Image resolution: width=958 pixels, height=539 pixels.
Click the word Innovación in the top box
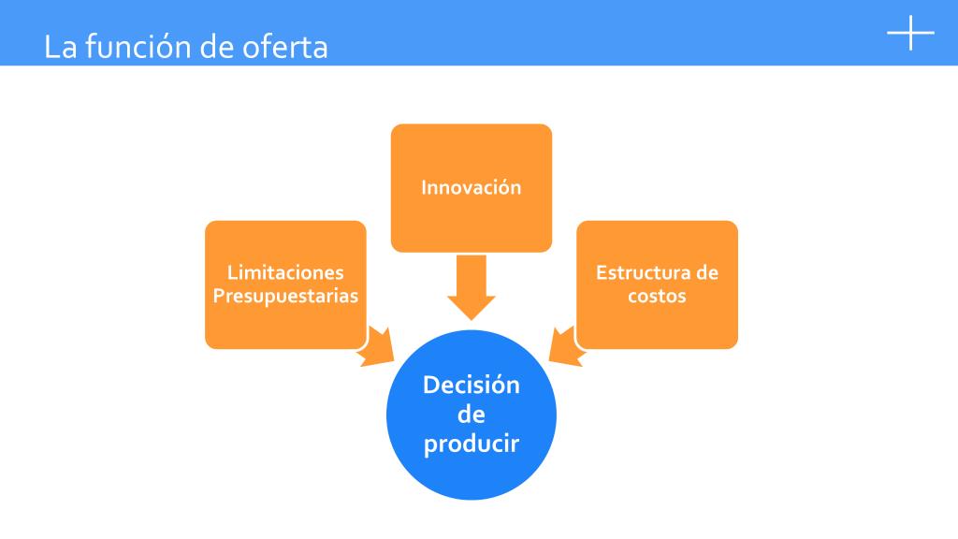[x=471, y=187]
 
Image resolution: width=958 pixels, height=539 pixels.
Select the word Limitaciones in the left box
[x=285, y=273]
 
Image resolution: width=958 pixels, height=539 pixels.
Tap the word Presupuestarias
[x=285, y=296]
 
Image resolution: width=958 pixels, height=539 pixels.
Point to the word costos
[x=657, y=296]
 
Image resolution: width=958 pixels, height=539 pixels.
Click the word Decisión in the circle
[x=471, y=385]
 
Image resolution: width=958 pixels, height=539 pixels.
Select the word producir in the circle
[x=471, y=442]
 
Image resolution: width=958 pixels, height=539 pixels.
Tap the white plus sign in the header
[x=910, y=33]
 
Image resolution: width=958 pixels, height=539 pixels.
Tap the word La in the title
[x=59, y=47]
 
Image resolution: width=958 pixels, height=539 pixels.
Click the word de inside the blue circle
[x=471, y=414]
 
